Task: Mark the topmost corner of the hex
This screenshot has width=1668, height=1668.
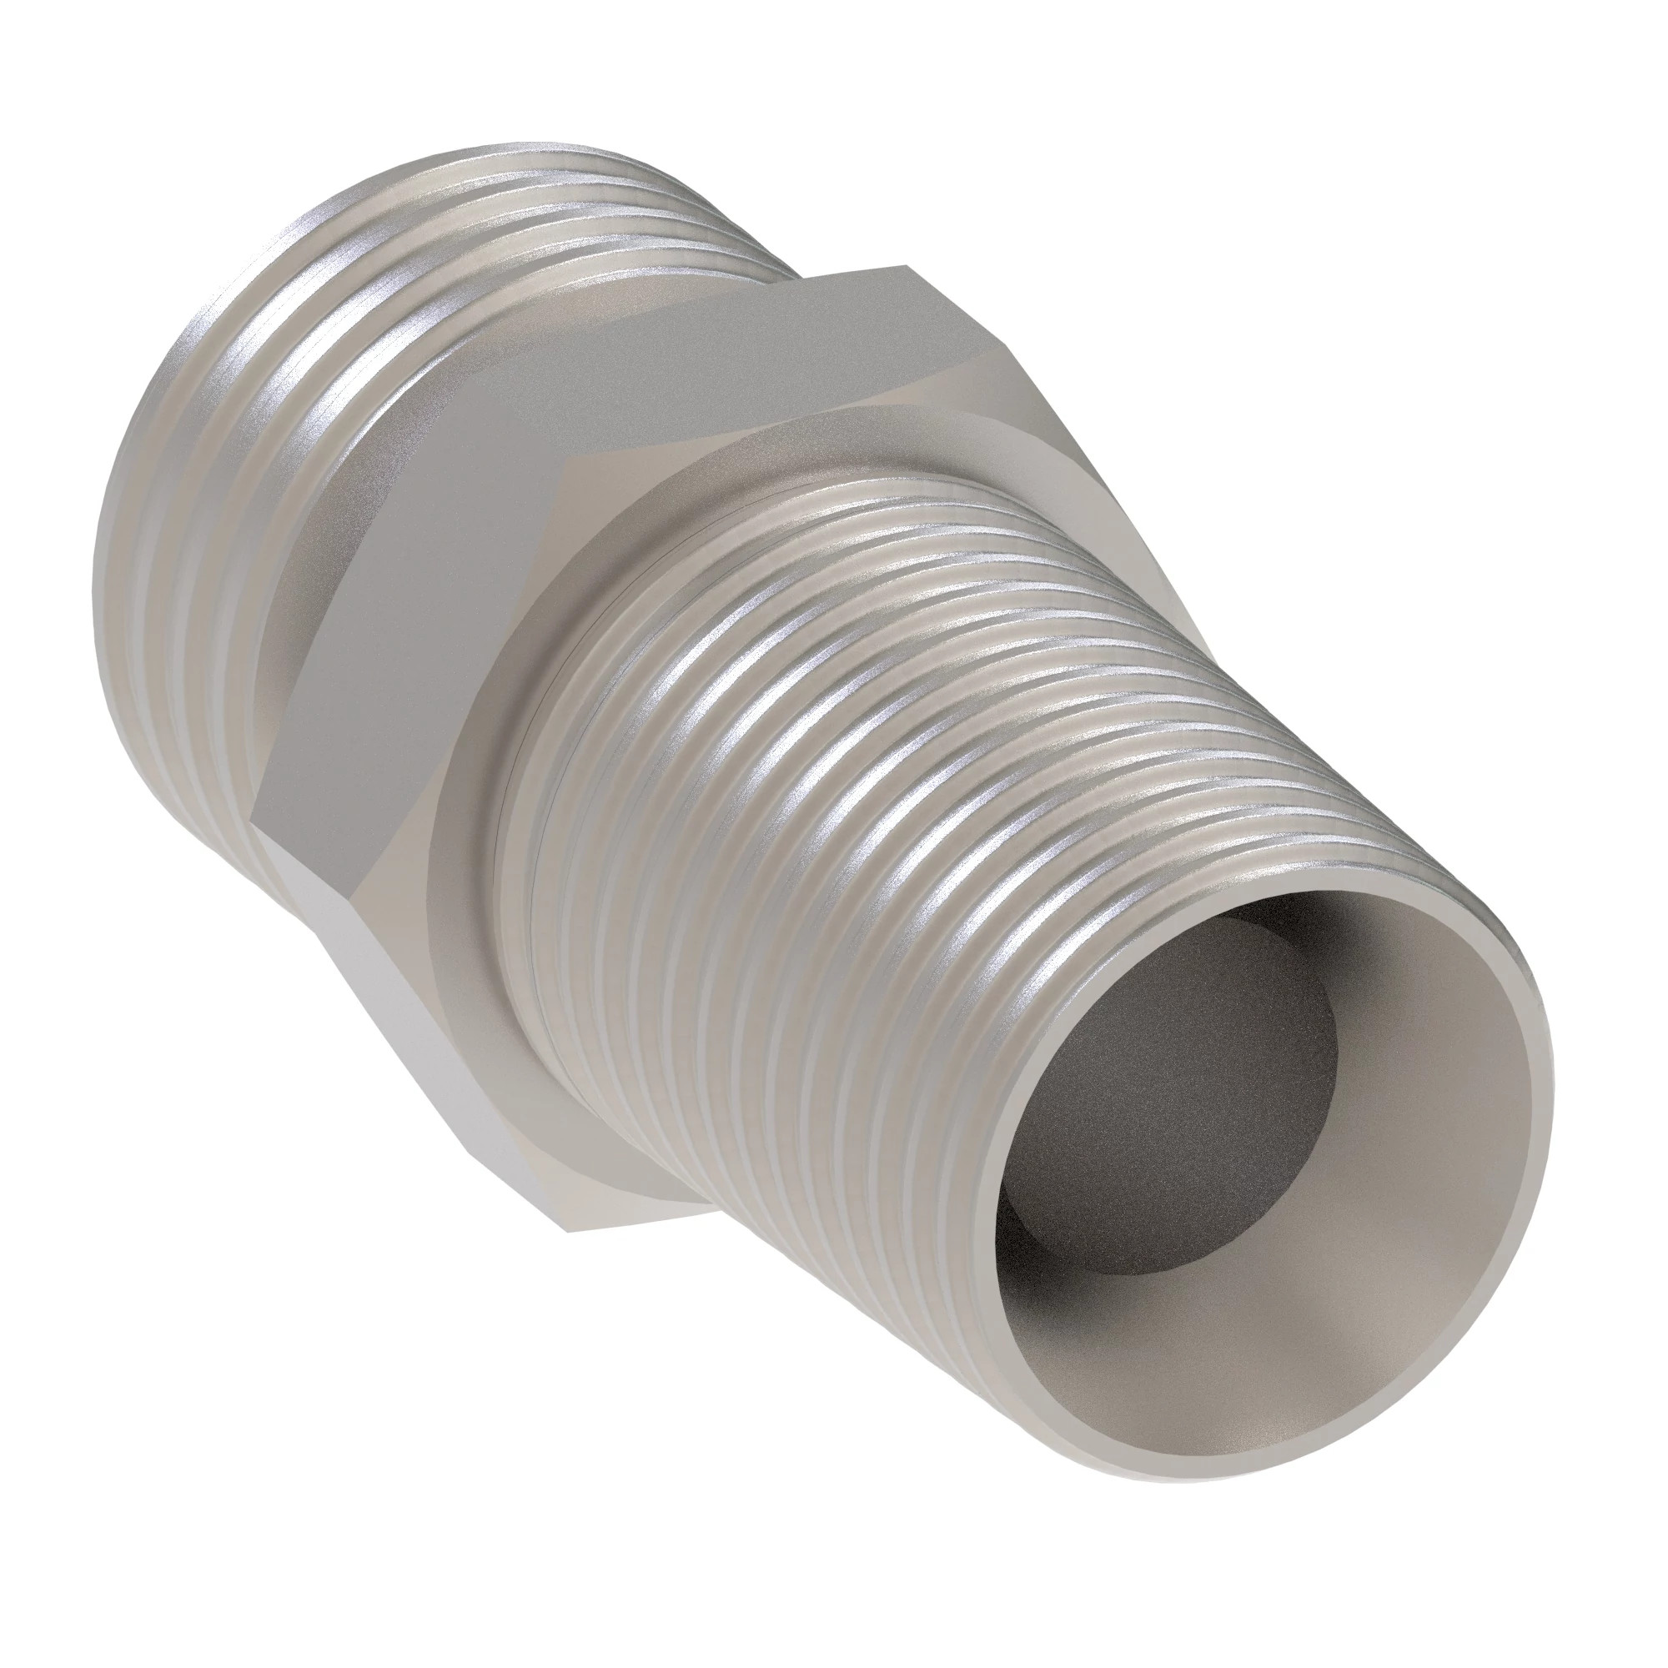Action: point(907,266)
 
